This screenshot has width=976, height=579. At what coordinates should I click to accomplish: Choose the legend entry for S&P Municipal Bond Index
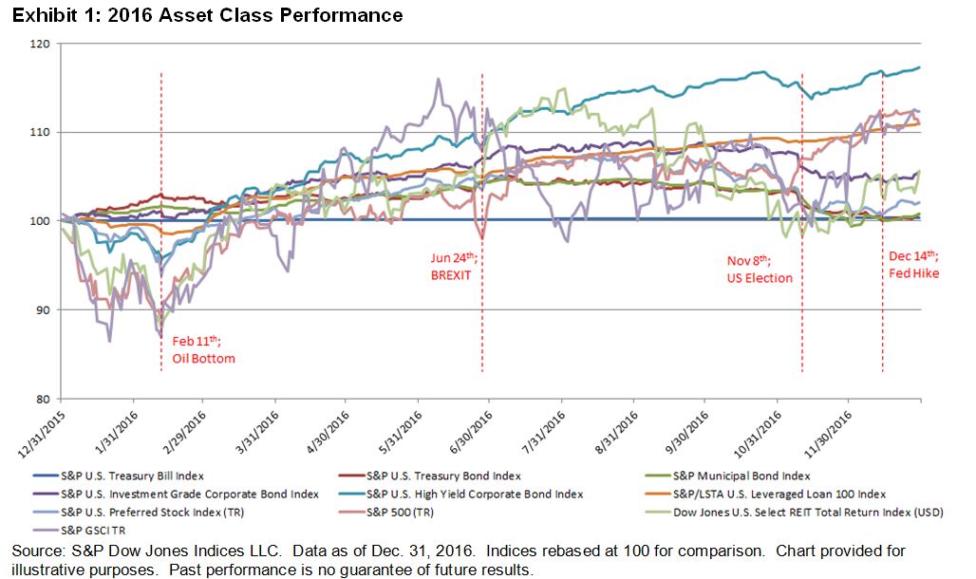(x=741, y=476)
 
